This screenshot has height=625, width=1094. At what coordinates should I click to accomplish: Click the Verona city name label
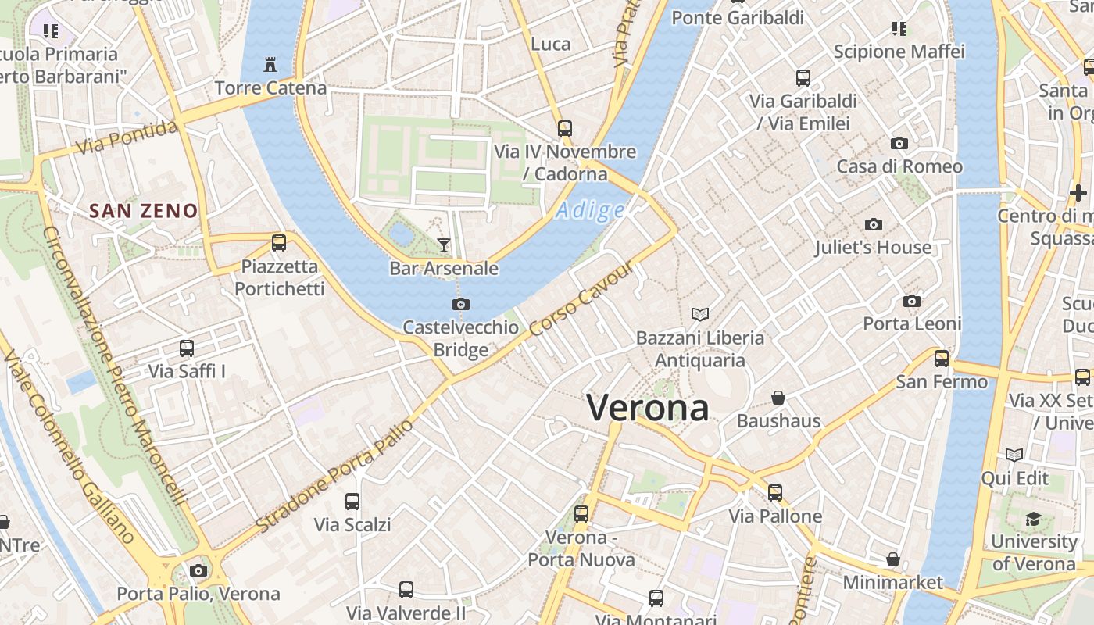pyautogui.click(x=648, y=408)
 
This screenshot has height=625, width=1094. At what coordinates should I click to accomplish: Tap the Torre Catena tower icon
pyautogui.click(x=270, y=64)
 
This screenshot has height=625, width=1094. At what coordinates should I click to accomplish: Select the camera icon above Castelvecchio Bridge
pyautogui.click(x=461, y=304)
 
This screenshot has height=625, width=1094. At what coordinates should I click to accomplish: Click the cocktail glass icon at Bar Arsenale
pyautogui.click(x=444, y=245)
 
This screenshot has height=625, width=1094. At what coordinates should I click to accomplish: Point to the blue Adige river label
pyautogui.click(x=591, y=210)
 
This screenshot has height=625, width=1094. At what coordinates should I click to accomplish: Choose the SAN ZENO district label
pyautogui.click(x=143, y=211)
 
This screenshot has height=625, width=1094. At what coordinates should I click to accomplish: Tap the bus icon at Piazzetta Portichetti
pyautogui.click(x=279, y=242)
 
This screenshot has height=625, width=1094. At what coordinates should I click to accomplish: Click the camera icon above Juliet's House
pyautogui.click(x=874, y=225)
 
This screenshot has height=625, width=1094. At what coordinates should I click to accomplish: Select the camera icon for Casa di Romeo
pyautogui.click(x=899, y=143)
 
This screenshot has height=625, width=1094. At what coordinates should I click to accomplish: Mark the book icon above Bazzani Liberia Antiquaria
pyautogui.click(x=700, y=314)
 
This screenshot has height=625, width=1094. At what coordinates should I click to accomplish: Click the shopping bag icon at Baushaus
pyautogui.click(x=778, y=398)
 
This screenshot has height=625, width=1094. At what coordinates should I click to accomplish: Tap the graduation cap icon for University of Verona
pyautogui.click(x=1033, y=519)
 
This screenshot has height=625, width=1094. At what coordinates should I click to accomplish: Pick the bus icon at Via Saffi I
pyautogui.click(x=187, y=348)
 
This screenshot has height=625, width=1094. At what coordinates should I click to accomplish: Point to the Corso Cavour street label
pyautogui.click(x=580, y=298)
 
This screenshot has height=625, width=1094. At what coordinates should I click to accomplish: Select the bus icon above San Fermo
pyautogui.click(x=942, y=359)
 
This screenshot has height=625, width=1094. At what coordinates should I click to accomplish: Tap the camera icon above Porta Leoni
pyautogui.click(x=911, y=301)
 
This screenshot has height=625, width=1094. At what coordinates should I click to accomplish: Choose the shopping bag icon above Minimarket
pyautogui.click(x=893, y=559)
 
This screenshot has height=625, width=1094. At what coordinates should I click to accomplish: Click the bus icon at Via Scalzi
pyautogui.click(x=352, y=501)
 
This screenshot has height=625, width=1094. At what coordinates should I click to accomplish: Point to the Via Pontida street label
pyautogui.click(x=127, y=137)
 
